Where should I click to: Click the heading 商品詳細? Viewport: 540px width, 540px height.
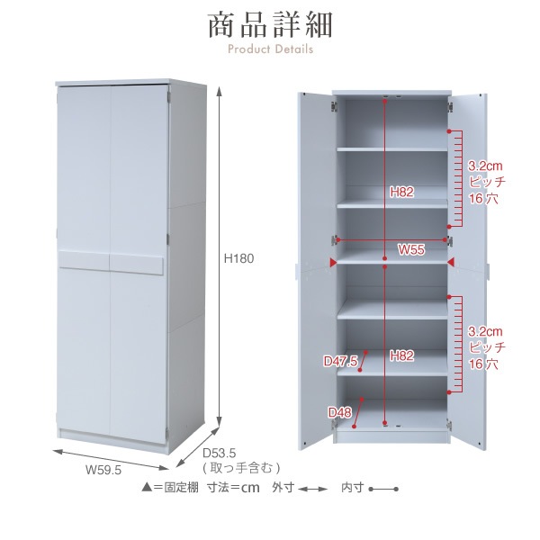point(270,25)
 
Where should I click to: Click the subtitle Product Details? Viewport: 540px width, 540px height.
point(270,49)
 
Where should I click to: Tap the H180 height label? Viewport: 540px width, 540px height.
point(238,258)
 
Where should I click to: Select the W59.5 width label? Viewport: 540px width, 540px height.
point(103,470)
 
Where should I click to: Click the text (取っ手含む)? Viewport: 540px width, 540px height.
point(241,468)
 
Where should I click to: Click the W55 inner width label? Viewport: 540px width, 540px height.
point(411,249)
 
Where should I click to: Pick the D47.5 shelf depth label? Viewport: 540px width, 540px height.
point(340,361)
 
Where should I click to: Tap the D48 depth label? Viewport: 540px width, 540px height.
point(339,412)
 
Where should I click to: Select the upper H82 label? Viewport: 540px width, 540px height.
point(401,192)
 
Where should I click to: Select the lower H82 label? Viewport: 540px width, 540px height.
point(401,355)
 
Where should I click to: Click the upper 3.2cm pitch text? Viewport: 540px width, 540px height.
point(485,166)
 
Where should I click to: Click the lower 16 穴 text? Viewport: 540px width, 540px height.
point(483,364)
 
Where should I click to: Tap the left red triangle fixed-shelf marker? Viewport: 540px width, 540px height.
point(333,263)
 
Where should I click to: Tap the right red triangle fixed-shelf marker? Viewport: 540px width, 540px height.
point(451,263)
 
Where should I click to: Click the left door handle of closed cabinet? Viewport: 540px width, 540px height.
point(84,259)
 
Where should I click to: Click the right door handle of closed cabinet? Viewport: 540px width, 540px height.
point(137,264)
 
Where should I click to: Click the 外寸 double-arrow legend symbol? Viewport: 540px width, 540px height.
point(312,489)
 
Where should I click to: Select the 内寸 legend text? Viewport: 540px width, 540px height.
point(352,487)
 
